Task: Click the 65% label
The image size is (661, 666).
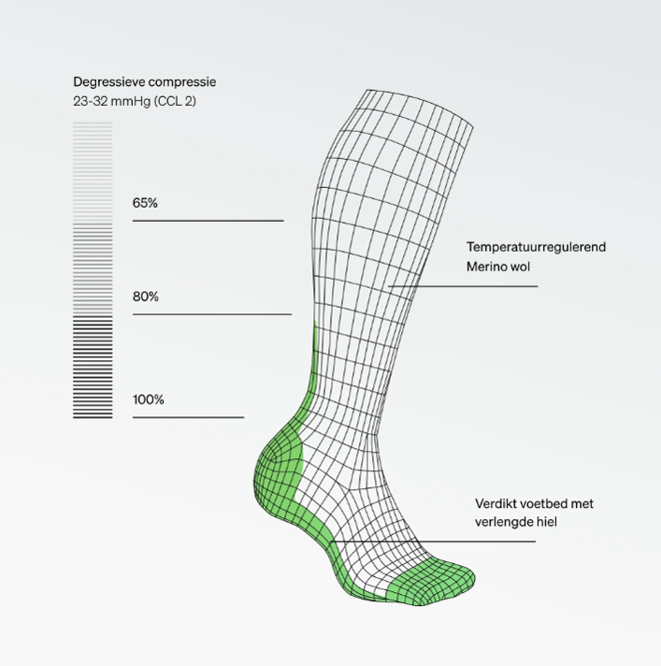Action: pyautogui.click(x=145, y=203)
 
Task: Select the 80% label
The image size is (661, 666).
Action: pyautogui.click(x=145, y=297)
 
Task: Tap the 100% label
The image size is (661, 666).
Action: pyautogui.click(x=148, y=400)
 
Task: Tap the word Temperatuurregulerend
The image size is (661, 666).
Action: pyautogui.click(x=537, y=247)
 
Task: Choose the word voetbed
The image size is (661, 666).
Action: pyautogui.click(x=544, y=503)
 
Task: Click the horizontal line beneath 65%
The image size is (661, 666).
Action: pyautogui.click(x=208, y=221)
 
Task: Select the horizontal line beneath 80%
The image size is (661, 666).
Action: pyautogui.click(x=212, y=314)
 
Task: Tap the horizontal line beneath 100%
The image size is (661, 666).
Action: pyautogui.click(x=188, y=417)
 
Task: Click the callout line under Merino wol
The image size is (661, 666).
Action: pyautogui.click(x=463, y=285)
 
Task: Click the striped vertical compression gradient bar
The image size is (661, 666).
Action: pyautogui.click(x=93, y=271)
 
